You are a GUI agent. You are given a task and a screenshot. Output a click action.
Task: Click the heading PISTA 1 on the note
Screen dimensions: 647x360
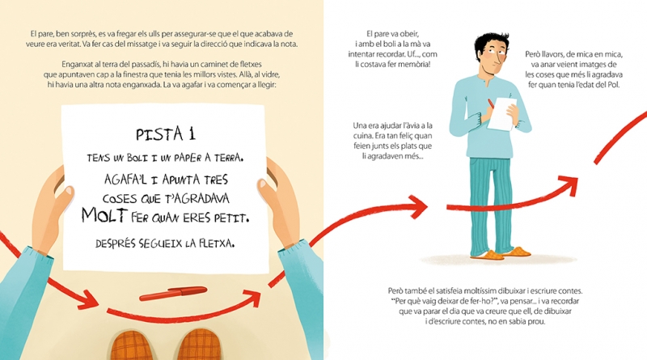166,133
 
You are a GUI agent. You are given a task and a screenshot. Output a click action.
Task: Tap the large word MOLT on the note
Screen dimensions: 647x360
104,215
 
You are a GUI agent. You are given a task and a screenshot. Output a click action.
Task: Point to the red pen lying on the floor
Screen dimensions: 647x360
173,293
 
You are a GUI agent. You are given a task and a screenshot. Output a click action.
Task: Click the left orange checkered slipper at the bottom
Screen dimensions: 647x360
130,345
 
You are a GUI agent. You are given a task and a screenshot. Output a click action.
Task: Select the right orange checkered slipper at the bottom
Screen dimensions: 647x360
198,345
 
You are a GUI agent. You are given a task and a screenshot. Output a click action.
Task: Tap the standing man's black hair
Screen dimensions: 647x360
491,44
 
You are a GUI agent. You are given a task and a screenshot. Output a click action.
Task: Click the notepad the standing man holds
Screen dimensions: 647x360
501,113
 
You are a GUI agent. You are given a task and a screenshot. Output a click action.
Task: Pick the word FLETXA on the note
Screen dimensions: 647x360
217,244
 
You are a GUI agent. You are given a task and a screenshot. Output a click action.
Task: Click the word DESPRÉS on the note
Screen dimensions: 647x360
116,244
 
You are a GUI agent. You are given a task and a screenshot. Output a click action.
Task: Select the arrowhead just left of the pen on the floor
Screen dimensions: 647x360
87,299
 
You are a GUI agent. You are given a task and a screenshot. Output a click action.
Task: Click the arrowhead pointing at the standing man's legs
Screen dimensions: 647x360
417,205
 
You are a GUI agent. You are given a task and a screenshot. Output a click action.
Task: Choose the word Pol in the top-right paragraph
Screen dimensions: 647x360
614,85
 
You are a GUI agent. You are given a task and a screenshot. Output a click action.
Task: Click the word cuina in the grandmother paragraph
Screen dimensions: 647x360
362,135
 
